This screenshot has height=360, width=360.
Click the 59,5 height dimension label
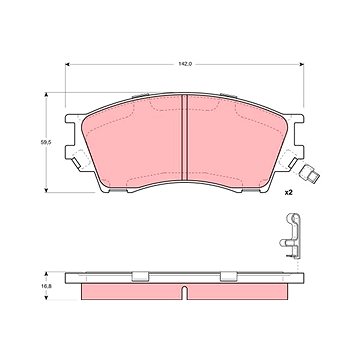point(45,141)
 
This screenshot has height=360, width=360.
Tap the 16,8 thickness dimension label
point(45,286)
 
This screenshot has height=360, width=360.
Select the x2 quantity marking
point(288,193)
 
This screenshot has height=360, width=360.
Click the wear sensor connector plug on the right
point(310,173)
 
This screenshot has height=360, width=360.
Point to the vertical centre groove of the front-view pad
point(185,137)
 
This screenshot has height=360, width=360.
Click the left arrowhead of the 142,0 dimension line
point(67,64)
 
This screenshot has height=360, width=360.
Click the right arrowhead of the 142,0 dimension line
point(302,64)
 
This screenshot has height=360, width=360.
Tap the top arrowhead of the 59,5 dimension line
point(46,95)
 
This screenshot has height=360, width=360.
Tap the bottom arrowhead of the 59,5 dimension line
point(46,190)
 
